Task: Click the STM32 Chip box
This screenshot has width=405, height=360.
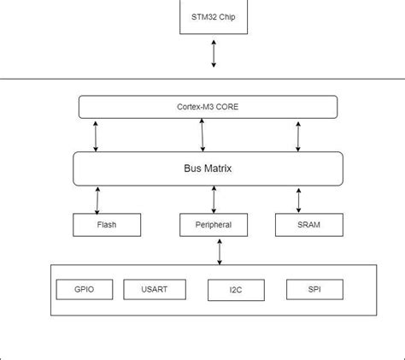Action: click(x=214, y=16)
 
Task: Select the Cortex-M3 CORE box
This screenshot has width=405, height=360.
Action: click(x=208, y=107)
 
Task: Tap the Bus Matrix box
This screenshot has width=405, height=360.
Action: click(x=208, y=168)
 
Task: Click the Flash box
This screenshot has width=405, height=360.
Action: click(x=107, y=225)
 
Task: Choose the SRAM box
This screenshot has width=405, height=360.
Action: click(x=309, y=225)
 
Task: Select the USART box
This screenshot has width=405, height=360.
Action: click(x=154, y=289)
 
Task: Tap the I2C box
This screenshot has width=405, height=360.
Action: click(x=235, y=290)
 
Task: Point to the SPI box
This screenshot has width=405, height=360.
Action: click(x=314, y=289)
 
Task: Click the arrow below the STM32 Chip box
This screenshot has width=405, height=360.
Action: click(x=214, y=53)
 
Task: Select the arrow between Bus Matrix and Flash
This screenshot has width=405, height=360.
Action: click(x=97, y=199)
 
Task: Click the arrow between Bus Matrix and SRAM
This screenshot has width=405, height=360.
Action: click(x=298, y=199)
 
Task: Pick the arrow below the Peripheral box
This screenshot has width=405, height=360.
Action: click(x=220, y=251)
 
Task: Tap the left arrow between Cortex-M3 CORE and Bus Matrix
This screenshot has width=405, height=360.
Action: click(x=97, y=135)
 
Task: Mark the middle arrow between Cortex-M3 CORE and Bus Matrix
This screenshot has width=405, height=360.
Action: click(x=202, y=135)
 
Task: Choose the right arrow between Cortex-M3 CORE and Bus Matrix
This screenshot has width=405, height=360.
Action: click(x=298, y=135)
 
